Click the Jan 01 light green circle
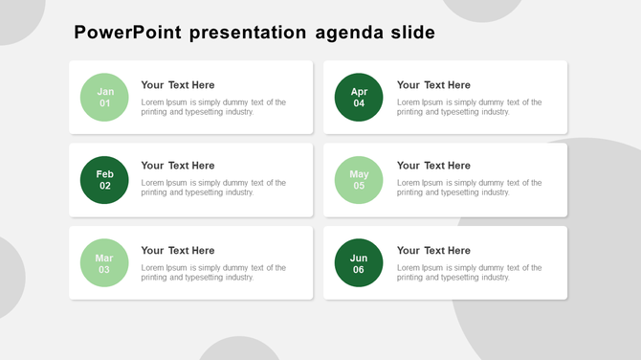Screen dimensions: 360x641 click(104, 98)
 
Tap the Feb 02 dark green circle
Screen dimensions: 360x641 click(104, 180)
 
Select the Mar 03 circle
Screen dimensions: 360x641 click(104, 263)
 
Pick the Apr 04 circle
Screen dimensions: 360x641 click(359, 98)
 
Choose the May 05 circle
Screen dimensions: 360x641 click(359, 180)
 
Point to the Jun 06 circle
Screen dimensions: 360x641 click(359, 263)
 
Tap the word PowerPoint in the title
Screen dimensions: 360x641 click(128, 34)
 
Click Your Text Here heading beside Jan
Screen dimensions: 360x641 click(178, 85)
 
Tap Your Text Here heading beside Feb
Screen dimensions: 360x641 click(178, 166)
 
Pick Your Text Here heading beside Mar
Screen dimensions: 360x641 click(178, 251)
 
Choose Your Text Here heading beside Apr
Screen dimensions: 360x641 click(433, 85)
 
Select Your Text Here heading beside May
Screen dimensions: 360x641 click(433, 166)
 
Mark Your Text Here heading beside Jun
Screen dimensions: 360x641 click(433, 251)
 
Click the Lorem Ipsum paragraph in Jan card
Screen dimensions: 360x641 click(213, 107)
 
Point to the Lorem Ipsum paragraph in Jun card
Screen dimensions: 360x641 click(469, 273)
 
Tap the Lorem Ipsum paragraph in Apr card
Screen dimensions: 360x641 click(469, 107)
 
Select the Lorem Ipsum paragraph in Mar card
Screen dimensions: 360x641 click(213, 273)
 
